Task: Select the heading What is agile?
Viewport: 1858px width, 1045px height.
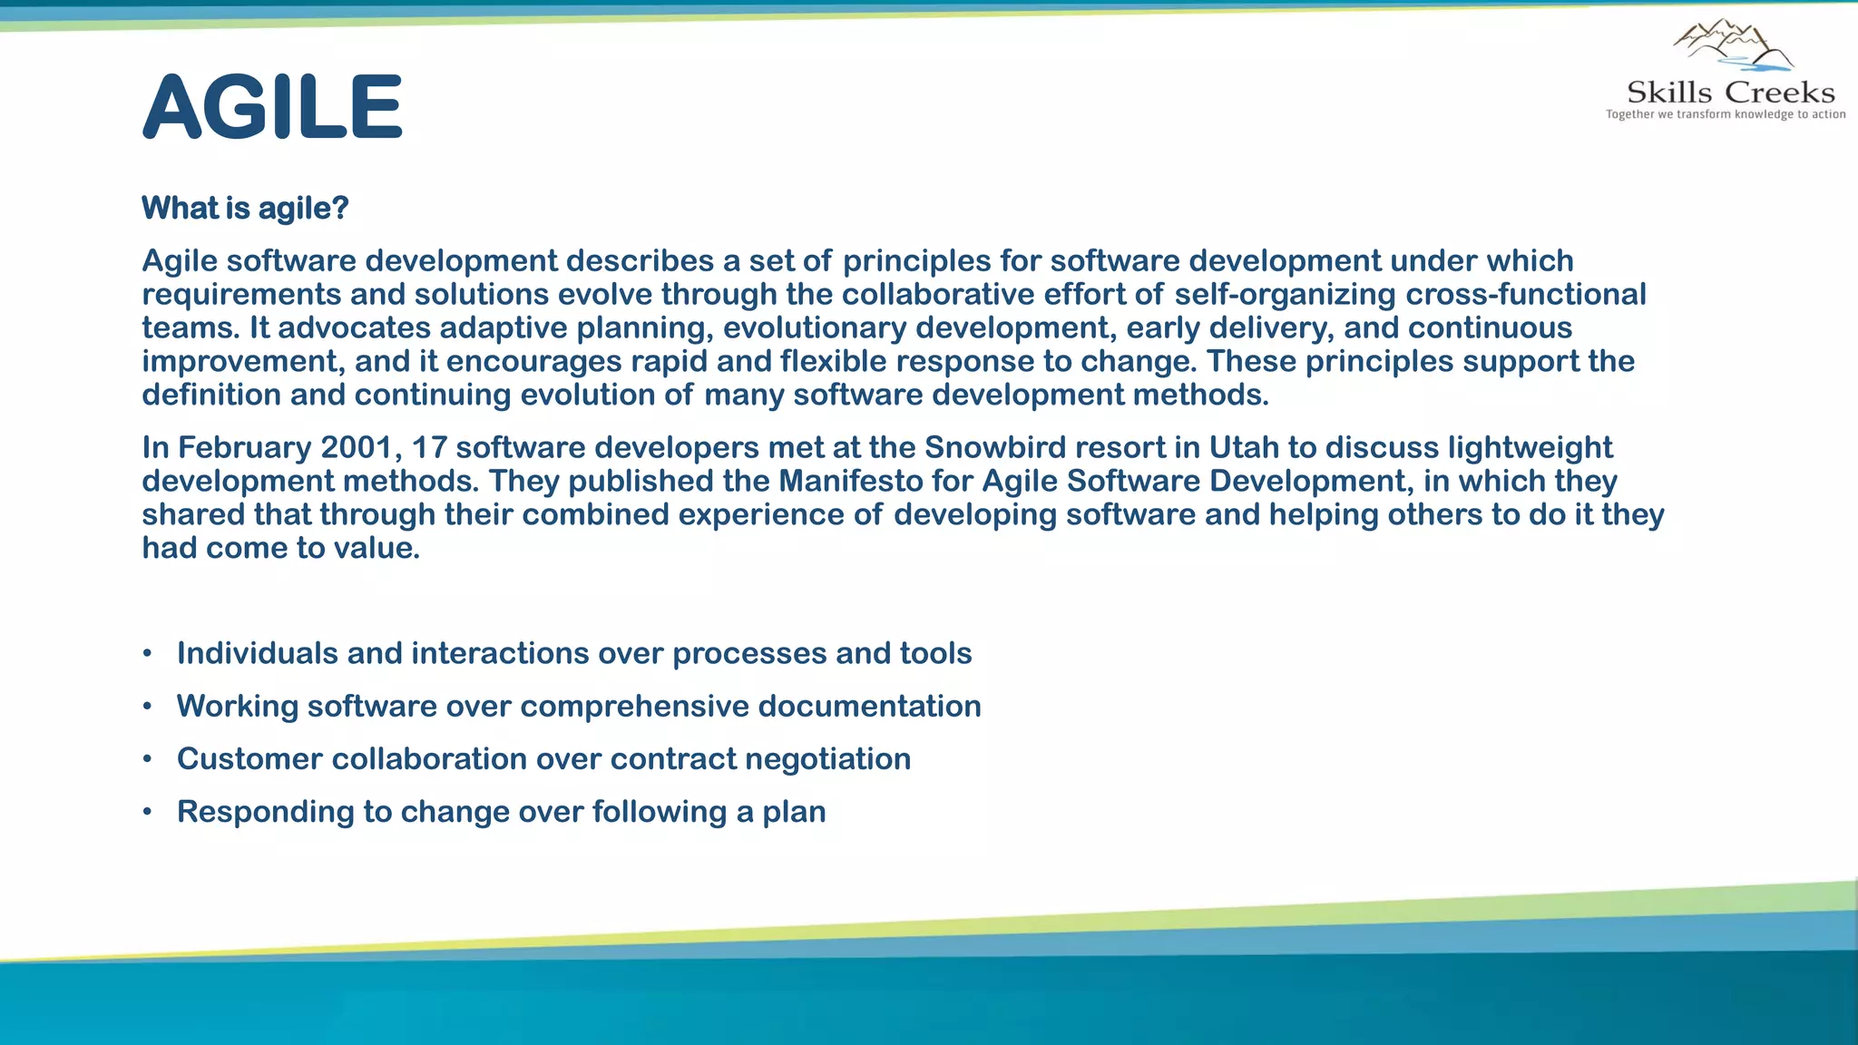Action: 245,208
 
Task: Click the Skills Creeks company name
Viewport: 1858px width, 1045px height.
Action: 1730,93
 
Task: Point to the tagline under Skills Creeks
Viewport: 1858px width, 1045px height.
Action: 1726,114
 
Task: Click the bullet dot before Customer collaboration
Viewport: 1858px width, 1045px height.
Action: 147,759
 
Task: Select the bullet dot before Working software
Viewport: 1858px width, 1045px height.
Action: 147,707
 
